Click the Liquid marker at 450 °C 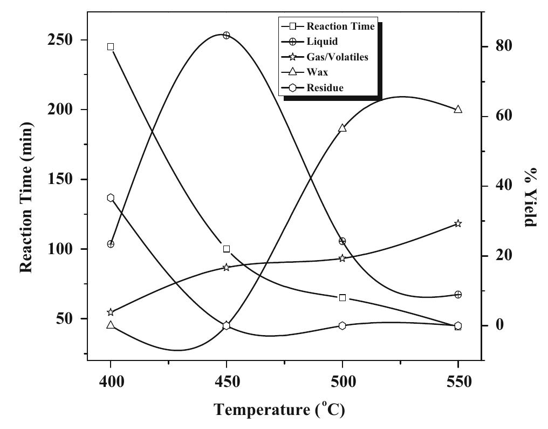tap(227, 35)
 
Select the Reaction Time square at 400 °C tap(111, 47)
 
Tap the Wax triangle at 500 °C tap(342, 128)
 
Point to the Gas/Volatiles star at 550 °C tap(458, 223)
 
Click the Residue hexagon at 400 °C tap(111, 198)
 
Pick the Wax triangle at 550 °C tap(458, 109)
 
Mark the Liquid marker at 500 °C tap(342, 241)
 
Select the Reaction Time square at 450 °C tap(227, 249)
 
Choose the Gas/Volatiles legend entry tap(337, 57)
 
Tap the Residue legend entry tap(325, 87)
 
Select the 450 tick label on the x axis tap(227, 382)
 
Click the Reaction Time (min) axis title tap(26, 198)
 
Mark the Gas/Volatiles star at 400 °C tap(111, 312)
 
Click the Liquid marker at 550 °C tap(458, 295)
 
